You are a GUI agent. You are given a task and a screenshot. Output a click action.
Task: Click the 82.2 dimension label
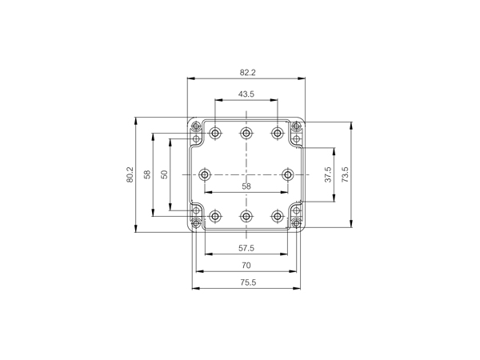click(247, 73)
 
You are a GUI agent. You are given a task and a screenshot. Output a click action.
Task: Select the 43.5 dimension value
click(246, 94)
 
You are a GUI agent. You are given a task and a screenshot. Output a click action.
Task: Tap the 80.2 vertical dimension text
click(130, 174)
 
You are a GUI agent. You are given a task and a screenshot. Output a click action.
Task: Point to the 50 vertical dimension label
click(164, 174)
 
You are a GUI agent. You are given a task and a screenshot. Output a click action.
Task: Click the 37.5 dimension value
click(328, 174)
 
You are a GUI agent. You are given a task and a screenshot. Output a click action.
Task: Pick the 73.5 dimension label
click(345, 174)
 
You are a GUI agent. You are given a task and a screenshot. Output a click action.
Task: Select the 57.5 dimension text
click(246, 248)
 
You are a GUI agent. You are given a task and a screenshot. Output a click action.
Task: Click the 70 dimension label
click(246, 265)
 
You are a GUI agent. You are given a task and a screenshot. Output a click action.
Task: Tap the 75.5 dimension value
click(248, 282)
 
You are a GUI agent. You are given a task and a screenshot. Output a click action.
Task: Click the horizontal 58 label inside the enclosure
click(246, 186)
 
